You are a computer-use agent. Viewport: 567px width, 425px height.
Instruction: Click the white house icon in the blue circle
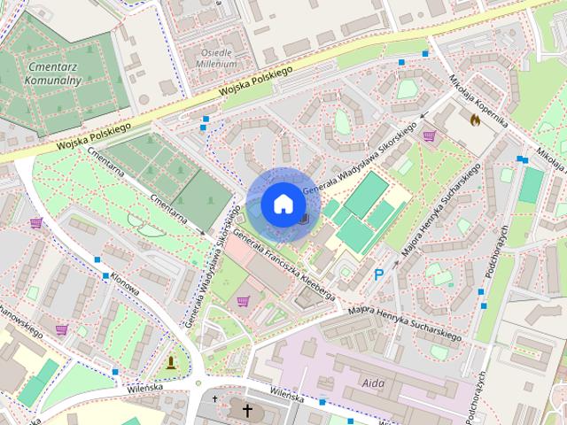tap(282, 204)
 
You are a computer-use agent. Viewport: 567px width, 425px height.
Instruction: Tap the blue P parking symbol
tap(379, 276)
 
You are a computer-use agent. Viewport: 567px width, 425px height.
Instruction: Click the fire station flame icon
tap(474, 118)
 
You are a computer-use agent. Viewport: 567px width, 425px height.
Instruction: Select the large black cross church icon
tap(247, 411)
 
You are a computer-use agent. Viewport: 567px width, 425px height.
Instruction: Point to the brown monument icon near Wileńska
tap(170, 362)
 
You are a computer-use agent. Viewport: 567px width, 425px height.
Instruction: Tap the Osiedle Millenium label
tap(217, 58)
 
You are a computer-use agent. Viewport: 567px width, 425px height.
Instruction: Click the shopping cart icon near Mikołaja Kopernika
tap(430, 136)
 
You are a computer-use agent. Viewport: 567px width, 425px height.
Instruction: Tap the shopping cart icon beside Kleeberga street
tap(243, 301)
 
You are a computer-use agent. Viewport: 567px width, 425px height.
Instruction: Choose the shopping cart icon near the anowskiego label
tap(61, 329)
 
